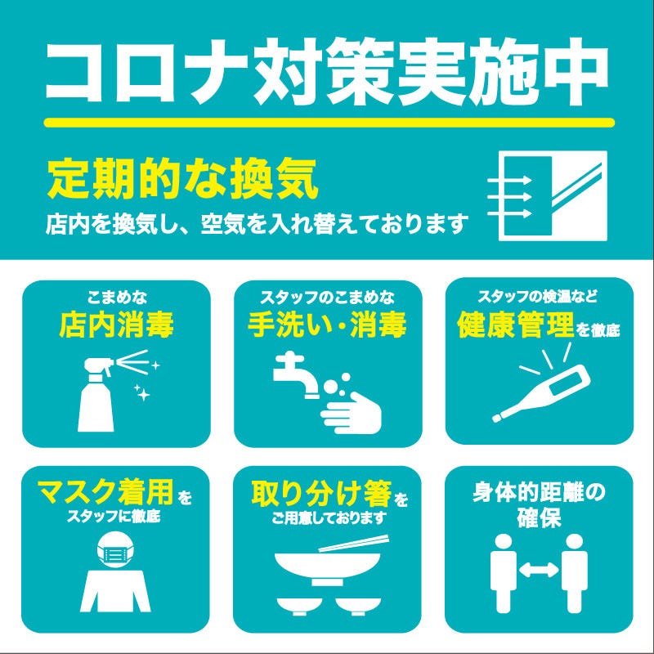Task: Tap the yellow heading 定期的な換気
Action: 181,181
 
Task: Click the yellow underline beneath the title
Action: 327,123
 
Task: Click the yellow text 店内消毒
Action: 117,326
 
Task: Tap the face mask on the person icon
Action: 114,553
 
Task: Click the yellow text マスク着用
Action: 105,493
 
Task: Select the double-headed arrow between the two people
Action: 539,571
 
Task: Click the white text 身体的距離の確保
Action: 539,505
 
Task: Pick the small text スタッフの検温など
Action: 539,295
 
